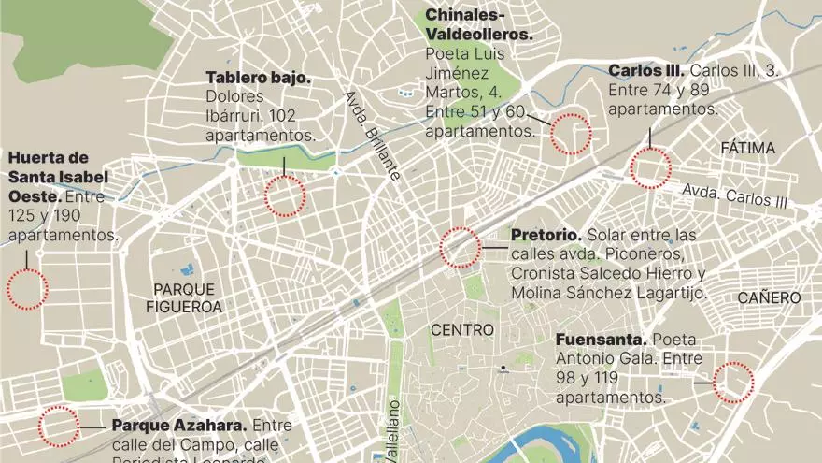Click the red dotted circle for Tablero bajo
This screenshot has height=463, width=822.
[x=285, y=196]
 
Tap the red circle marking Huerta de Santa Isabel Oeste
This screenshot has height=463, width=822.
[x=27, y=289]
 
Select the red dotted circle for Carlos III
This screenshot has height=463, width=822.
[x=650, y=169]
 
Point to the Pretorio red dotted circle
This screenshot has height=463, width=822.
[x=460, y=248]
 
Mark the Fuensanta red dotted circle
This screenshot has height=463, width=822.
[x=733, y=383]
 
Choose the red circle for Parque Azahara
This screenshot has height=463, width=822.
[x=58, y=427]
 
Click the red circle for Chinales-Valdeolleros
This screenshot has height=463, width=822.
[x=570, y=133]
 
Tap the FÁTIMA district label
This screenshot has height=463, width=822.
[x=748, y=148]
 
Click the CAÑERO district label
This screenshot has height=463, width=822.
[x=769, y=297]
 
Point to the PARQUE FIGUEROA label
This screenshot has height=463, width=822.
[x=184, y=297]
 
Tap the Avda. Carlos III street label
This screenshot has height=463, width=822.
[x=734, y=195]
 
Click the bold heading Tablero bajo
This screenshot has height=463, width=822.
[x=258, y=77]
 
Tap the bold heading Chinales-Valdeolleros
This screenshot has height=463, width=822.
[x=478, y=24]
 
